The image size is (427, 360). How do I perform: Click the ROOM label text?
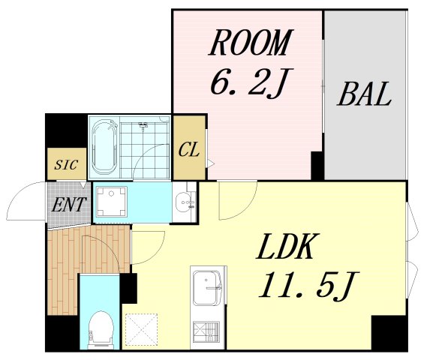pos(250,43)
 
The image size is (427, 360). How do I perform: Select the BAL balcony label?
pos(365,94)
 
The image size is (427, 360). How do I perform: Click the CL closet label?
pos(188,150)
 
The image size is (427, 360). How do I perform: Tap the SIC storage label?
pos(66,165)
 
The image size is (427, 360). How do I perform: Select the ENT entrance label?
pos(69,204)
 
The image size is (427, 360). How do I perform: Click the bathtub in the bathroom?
pos(104,147)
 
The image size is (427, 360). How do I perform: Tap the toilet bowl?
pos(101,328)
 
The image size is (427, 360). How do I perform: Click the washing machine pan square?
pos(112,202)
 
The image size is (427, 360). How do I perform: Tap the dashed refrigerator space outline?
pos(141,329)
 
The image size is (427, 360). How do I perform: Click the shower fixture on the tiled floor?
pos(143,126)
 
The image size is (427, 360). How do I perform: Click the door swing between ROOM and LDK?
pos(238,200)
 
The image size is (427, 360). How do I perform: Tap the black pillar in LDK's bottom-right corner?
pos(389,332)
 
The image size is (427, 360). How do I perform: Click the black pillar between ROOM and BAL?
pos(317,166)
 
